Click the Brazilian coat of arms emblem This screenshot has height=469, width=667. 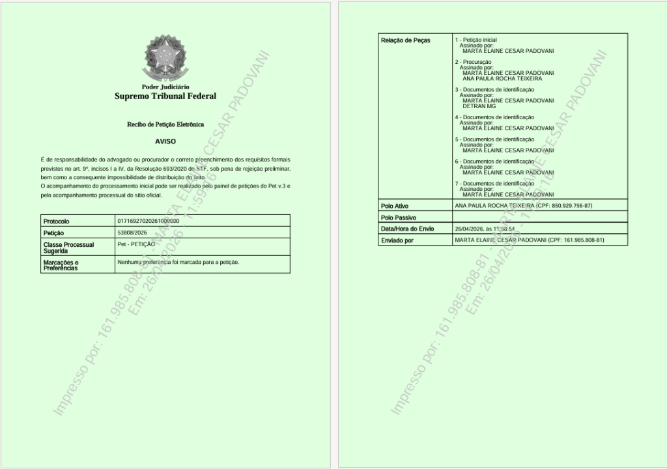(165, 59)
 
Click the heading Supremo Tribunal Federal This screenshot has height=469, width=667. (165, 96)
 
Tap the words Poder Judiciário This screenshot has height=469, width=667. (165, 87)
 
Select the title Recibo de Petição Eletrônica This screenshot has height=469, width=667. (165, 124)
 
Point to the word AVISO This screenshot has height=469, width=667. (165, 141)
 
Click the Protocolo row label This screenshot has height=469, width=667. (56, 221)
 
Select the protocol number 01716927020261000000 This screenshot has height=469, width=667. (148, 221)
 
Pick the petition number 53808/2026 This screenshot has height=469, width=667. (133, 232)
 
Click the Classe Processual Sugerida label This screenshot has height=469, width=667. (68, 248)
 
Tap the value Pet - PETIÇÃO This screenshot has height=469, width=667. (136, 244)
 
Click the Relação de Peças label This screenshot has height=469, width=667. (405, 40)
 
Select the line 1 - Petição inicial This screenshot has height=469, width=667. (475, 40)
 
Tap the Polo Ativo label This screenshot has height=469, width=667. (394, 206)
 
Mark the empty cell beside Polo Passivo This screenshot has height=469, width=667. (539, 217)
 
